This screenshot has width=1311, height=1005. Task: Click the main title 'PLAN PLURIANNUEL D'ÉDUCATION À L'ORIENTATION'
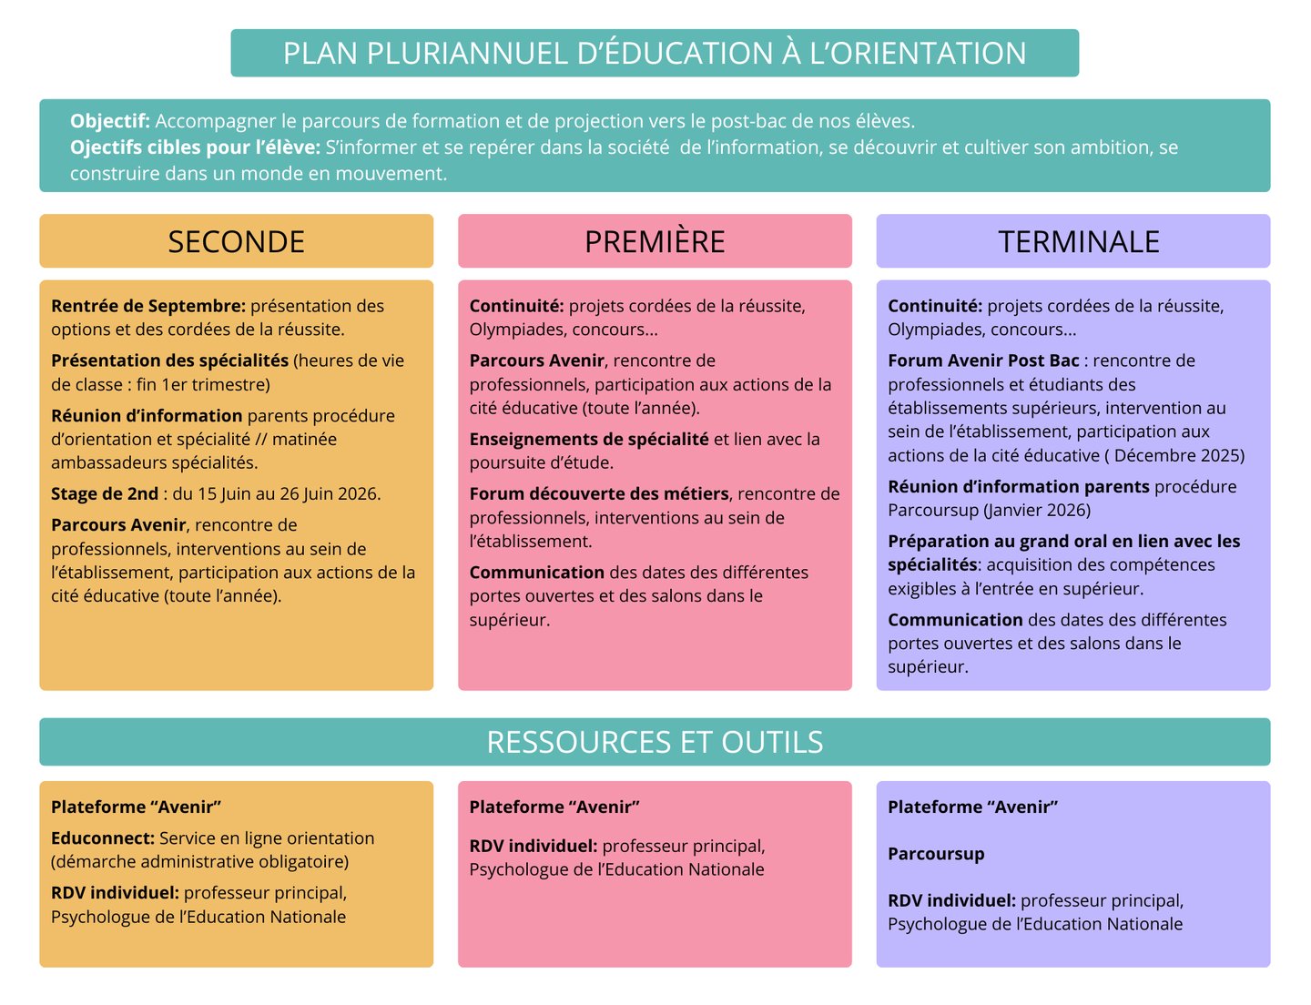click(655, 53)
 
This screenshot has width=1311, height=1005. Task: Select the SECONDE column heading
click(236, 241)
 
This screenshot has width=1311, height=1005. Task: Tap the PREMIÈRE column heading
click(655, 241)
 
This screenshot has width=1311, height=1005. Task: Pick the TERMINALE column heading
click(1078, 241)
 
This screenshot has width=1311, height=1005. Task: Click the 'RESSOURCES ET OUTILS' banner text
click(655, 742)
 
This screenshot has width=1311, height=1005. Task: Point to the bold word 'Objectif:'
click(110, 121)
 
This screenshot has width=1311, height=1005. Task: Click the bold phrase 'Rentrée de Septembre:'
click(148, 306)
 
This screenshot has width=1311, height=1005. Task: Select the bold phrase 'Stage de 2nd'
click(105, 493)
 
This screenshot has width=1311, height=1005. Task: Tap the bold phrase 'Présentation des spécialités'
click(169, 360)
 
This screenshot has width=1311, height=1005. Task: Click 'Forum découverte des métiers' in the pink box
click(599, 493)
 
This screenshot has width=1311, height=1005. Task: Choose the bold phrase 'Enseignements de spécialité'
click(589, 439)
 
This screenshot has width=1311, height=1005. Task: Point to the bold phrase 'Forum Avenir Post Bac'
click(983, 360)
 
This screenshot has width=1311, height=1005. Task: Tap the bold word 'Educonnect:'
click(103, 837)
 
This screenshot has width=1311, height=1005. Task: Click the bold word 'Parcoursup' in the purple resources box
click(936, 854)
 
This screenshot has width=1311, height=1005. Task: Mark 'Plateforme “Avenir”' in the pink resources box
click(554, 807)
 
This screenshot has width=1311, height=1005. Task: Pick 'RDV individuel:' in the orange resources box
click(115, 892)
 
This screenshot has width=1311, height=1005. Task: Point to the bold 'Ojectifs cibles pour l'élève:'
click(195, 147)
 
